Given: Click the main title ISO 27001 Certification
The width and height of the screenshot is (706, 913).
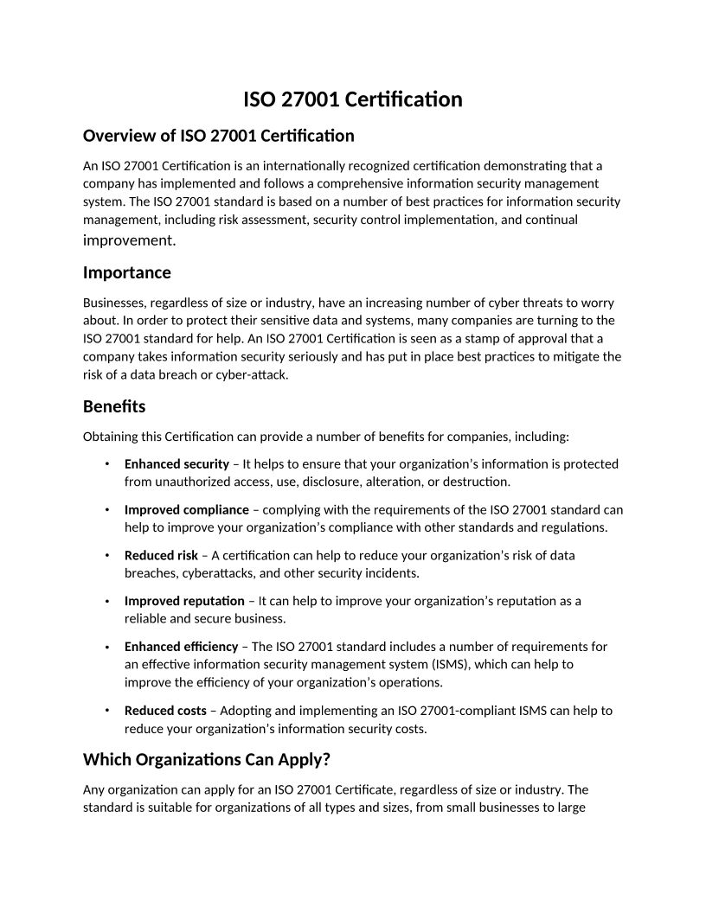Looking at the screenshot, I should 352,99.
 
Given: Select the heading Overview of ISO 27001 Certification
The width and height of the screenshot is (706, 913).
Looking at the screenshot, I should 218,136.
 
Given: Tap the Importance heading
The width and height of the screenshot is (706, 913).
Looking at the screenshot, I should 126,273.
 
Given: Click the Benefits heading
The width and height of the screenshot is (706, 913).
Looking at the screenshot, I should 114,406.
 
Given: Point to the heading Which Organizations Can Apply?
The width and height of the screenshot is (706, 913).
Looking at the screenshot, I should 207,760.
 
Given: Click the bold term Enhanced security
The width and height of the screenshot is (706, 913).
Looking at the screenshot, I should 176,464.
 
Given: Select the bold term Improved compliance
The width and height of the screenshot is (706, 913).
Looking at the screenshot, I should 186,510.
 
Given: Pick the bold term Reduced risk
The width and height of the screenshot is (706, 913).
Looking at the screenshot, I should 161,556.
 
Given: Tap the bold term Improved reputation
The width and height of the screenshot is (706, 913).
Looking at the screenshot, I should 184,601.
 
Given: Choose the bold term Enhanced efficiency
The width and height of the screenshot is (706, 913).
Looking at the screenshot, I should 181,647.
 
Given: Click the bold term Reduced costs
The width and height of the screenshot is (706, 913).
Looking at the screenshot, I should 165,711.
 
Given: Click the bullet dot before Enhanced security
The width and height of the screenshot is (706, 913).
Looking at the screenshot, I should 106,464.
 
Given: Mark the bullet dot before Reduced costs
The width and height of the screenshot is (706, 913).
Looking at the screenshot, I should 106,711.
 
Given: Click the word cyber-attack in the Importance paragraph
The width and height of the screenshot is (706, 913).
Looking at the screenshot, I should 257,375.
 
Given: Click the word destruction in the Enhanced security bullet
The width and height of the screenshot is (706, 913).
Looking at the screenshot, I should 477,482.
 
